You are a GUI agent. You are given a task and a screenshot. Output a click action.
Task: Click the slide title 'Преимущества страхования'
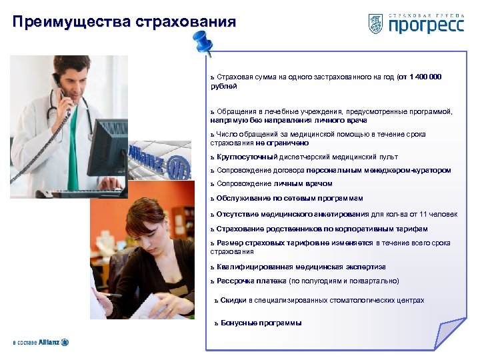[124, 22]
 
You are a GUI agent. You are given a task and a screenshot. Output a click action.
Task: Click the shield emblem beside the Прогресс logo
[375, 23]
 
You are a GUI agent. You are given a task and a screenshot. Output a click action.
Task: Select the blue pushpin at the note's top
[201, 43]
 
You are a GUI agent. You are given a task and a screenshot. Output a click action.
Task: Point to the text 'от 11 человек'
[435, 214]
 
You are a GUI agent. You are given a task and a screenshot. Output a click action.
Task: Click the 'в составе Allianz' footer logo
[41, 342]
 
